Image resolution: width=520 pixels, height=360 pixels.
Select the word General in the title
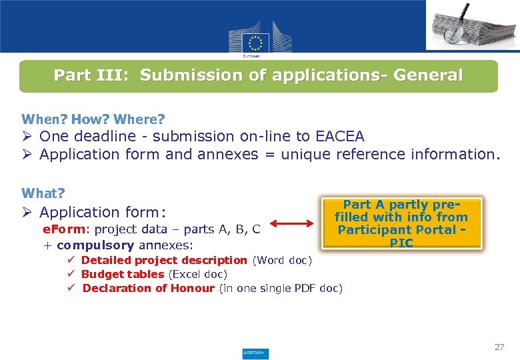click(x=428, y=75)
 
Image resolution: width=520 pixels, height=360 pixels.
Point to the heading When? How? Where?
click(x=93, y=120)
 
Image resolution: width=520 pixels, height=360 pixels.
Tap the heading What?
click(x=43, y=193)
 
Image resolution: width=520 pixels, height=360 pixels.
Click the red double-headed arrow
click(x=292, y=227)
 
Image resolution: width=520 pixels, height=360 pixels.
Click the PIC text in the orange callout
click(x=401, y=243)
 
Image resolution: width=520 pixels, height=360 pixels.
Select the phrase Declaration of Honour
click(x=148, y=288)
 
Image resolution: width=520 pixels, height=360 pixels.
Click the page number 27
click(x=499, y=347)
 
